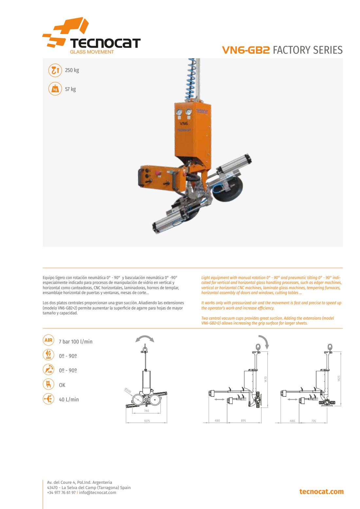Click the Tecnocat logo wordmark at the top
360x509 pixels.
point(105,43)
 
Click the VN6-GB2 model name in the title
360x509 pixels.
point(246,50)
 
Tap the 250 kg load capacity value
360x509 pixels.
point(72,70)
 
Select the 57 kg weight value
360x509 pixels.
point(70,89)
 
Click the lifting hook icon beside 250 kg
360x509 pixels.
point(55,70)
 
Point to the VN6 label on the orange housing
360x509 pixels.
point(184,124)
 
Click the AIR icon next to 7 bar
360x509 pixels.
point(48,340)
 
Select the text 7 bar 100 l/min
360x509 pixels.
point(76,342)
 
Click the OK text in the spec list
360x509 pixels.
point(62,385)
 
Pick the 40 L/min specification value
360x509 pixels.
point(69,399)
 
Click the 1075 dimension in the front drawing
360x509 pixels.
point(147,421)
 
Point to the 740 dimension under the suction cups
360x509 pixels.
point(147,411)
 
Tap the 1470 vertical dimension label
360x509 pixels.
point(265,379)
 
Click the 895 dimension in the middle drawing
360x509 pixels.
point(243,421)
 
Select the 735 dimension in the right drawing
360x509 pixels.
point(314,421)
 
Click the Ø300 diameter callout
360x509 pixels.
point(128,390)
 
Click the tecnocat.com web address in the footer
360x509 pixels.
point(321,492)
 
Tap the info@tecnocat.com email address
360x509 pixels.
point(98,492)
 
